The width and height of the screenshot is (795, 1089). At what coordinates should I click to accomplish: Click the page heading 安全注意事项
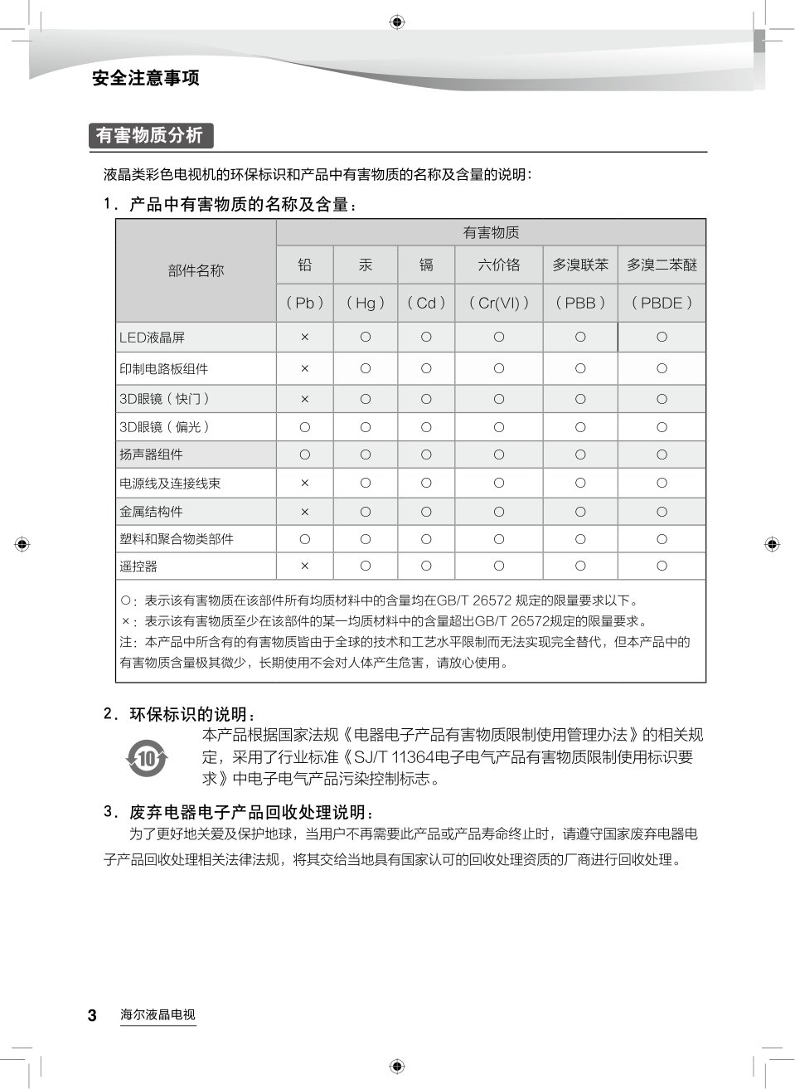tap(146, 78)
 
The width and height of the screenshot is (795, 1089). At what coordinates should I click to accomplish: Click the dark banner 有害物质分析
tap(150, 135)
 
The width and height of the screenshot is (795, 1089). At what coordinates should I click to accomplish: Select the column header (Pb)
tap(305, 303)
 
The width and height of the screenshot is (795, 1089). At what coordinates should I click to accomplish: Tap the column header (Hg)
tap(366, 303)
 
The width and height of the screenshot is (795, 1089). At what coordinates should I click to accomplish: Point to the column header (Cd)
tap(426, 303)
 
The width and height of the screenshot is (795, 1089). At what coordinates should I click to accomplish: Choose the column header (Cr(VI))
tap(499, 303)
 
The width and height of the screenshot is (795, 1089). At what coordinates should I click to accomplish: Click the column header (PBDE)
tap(662, 303)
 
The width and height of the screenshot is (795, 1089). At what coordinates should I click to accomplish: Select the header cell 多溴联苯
tap(580, 265)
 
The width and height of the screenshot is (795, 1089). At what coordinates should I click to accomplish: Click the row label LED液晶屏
tap(153, 338)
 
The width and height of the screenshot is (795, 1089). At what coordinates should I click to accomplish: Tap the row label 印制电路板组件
tap(164, 369)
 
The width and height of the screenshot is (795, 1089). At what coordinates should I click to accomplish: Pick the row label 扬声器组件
tap(152, 455)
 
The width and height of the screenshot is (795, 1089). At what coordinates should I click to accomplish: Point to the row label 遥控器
tap(138, 566)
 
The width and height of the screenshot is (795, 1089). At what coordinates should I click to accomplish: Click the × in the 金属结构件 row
tap(305, 512)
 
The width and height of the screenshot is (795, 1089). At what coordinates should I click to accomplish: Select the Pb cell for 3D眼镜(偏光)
tap(305, 427)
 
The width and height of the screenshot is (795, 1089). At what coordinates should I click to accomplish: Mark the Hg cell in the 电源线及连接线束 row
tap(366, 483)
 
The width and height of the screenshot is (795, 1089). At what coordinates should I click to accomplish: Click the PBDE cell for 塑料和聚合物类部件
tap(662, 539)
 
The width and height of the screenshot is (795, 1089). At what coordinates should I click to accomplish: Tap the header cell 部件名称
tap(196, 270)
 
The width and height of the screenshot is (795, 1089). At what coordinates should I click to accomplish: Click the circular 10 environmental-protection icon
tap(147, 758)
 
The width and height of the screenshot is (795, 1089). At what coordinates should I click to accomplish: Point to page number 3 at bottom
tap(92, 1015)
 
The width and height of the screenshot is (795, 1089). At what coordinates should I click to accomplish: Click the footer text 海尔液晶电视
tap(158, 1014)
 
